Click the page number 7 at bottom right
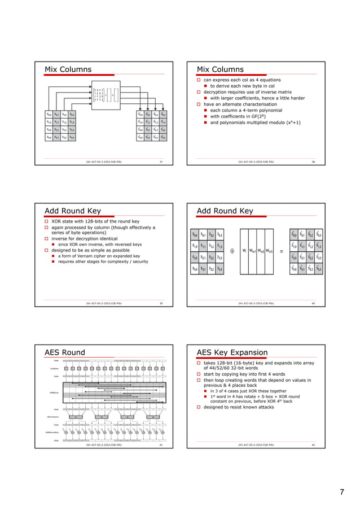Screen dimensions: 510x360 pos(341,492)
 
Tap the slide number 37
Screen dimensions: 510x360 pos(161,162)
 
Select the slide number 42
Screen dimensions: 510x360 pos(313,446)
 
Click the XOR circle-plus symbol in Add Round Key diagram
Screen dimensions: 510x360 pos(232,252)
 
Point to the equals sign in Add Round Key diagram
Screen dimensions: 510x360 pos(281,252)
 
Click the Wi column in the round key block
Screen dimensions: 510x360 pos(243,252)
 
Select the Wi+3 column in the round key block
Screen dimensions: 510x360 pos(270,252)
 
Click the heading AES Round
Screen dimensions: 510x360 pos(65,353)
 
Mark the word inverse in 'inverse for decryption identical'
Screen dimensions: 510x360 pos(61,238)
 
